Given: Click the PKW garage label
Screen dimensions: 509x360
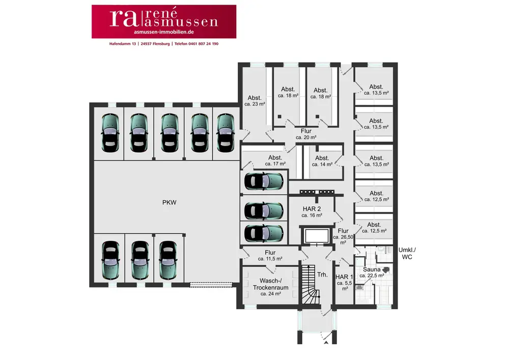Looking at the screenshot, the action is pos(169,203).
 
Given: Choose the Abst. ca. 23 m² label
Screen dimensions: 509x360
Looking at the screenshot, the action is pos(254,101).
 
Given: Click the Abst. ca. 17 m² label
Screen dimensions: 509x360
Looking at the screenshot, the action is pos(275,161).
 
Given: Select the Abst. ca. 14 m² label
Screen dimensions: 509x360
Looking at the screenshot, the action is pos(322,161).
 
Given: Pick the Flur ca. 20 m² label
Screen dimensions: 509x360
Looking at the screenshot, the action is pos(306,134).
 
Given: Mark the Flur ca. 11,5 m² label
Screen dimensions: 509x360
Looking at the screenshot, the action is pos(270,256).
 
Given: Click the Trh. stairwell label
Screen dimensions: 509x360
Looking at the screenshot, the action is pos(322,274).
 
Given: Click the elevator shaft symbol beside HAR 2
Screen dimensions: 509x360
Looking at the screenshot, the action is pos(316,236).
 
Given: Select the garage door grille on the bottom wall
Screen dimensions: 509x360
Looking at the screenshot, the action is pos(210,284).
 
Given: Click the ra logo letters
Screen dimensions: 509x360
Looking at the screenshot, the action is pos(123,18).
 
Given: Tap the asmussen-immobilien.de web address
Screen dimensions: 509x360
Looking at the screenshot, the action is pos(163,32).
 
